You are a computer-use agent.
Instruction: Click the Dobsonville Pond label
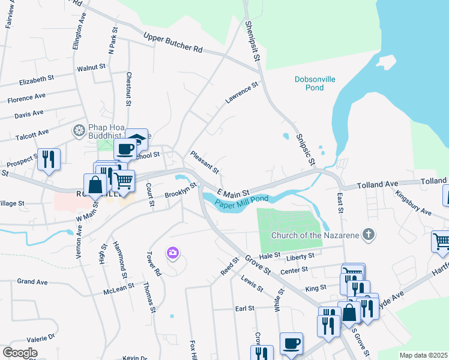coord(318,83)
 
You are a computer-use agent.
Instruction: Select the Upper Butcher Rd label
coord(173,43)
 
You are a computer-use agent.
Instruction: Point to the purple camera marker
coord(173,253)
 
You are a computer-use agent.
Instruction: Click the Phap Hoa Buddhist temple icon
coord(79,130)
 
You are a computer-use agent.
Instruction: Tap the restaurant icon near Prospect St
coord(49,159)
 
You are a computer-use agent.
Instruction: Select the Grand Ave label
coord(32,281)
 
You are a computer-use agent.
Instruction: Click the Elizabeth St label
coord(37,79)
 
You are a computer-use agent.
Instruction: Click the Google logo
coord(19,353)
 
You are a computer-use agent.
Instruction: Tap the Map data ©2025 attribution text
coord(423,355)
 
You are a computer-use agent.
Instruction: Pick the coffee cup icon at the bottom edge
coord(291,344)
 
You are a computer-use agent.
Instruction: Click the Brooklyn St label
coord(181,191)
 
